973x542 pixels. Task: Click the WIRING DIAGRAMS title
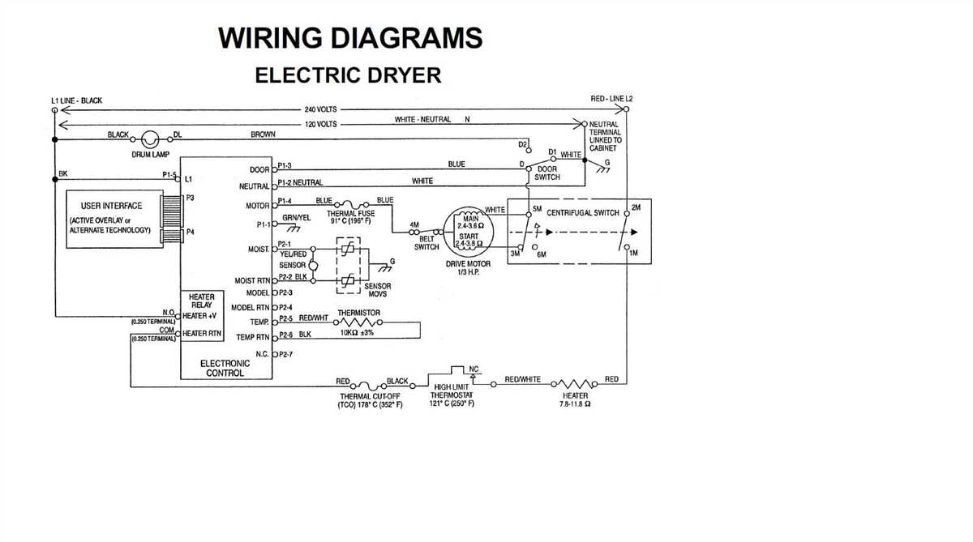click(x=350, y=37)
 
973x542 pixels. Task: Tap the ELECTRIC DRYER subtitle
click(x=348, y=75)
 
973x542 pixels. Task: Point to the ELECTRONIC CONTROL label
click(x=225, y=369)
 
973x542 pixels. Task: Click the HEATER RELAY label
click(x=201, y=301)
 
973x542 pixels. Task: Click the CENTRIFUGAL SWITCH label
click(x=582, y=213)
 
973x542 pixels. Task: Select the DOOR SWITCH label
click(x=547, y=173)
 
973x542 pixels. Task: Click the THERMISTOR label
click(x=358, y=313)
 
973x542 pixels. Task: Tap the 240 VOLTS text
click(x=320, y=109)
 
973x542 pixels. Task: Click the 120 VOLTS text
click(x=320, y=124)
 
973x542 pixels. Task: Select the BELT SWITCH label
click(x=426, y=243)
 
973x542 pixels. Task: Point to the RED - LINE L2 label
click(x=611, y=99)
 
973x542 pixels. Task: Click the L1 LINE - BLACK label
click(x=76, y=101)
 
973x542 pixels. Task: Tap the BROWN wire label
click(x=263, y=134)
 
